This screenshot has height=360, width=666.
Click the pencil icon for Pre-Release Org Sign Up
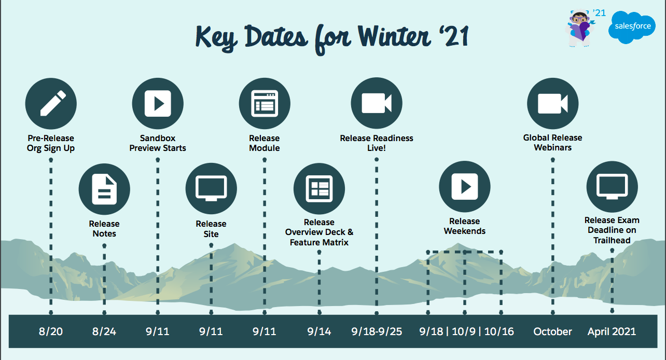51,104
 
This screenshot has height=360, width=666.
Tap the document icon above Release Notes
104,189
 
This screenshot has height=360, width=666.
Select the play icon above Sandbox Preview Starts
158,104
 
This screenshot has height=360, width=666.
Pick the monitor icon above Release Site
211,189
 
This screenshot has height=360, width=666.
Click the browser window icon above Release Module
265,104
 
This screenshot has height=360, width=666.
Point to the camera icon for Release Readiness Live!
377,104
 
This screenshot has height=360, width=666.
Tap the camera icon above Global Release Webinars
552,104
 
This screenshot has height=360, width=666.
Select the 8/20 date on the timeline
51,331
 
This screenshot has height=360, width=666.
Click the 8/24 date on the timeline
104,331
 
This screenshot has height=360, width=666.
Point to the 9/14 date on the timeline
319,331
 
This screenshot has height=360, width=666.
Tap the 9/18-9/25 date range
377,331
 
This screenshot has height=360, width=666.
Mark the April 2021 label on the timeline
612,331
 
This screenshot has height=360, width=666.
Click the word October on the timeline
552,331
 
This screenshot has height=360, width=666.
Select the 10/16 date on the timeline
499,331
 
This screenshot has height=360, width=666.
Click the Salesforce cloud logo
632,27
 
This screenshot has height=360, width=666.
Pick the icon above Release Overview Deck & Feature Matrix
319,189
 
